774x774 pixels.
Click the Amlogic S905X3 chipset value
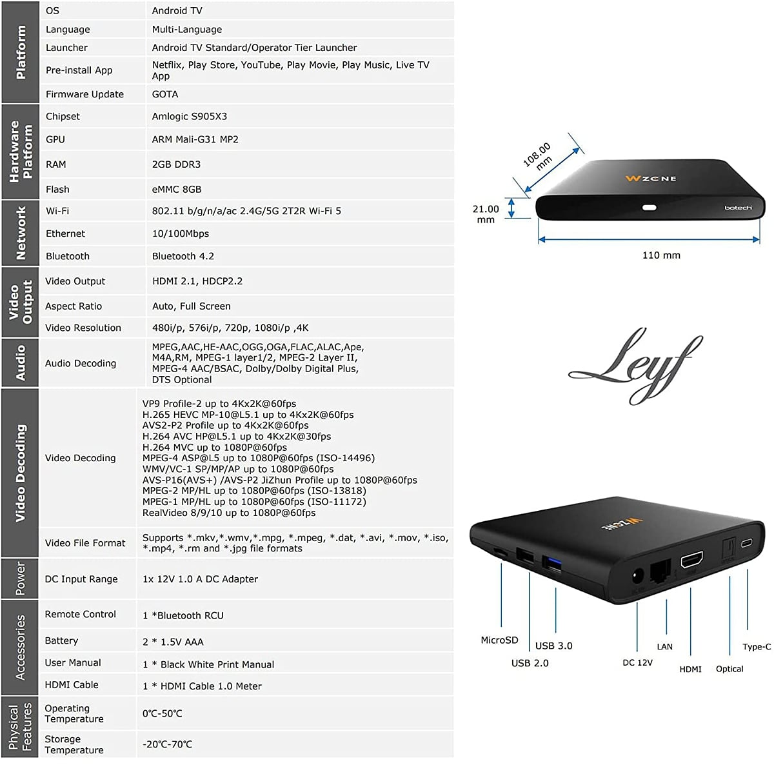(189, 117)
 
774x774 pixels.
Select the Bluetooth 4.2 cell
(183, 256)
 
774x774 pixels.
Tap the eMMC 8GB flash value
(176, 190)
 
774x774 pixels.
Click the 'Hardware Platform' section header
(21, 152)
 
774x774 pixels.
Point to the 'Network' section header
(21, 233)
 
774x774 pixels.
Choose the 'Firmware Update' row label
(84, 94)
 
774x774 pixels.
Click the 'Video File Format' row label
(85, 543)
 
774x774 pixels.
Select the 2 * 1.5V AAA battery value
(173, 642)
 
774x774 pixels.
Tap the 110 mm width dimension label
(661, 255)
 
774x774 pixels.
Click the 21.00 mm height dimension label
(486, 213)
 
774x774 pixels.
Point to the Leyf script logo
(635, 364)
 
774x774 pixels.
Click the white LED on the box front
(650, 208)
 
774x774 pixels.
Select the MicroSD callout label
(499, 640)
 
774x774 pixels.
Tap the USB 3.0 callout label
(553, 646)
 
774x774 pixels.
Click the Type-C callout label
(757, 646)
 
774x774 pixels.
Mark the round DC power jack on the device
(638, 576)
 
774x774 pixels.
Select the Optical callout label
(729, 669)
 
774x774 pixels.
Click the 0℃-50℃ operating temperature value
(162, 714)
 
